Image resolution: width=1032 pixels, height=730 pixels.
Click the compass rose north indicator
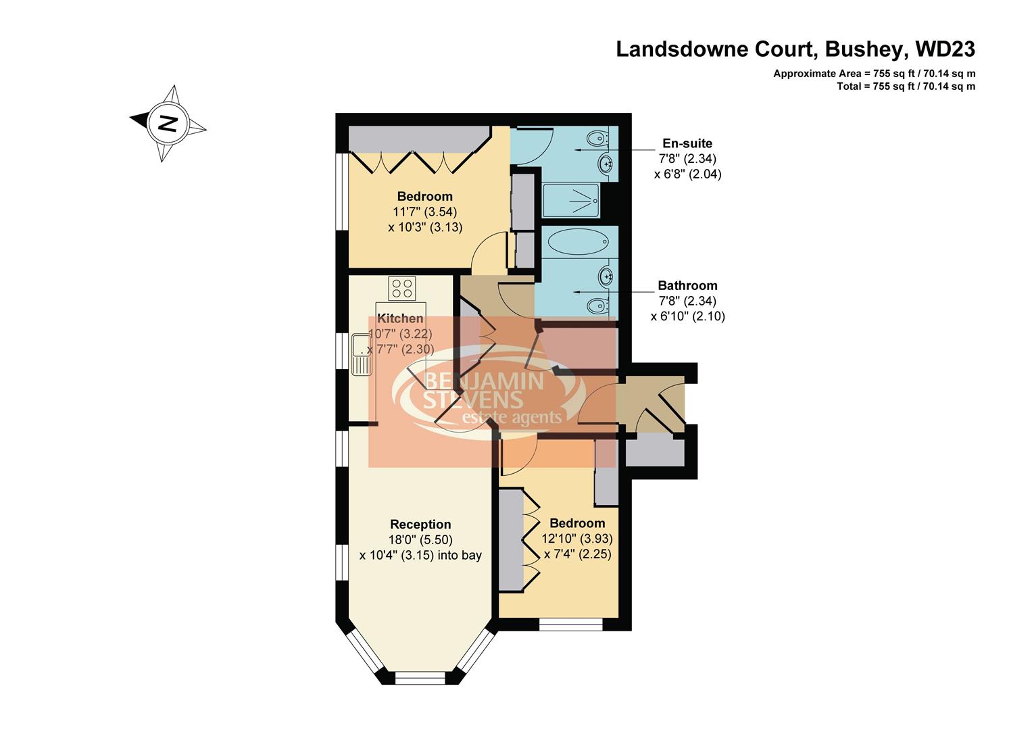point(167,123)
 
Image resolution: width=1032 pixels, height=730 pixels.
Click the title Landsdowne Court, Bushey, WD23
point(795,49)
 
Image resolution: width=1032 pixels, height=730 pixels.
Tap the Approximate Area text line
point(874,74)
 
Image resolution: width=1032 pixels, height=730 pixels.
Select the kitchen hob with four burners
point(401,289)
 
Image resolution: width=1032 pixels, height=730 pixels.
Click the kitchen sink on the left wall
point(361,354)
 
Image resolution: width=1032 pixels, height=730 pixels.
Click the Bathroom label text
point(687,285)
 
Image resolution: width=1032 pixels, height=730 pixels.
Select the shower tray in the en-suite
point(571,201)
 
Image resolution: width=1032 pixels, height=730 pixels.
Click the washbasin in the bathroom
point(606,275)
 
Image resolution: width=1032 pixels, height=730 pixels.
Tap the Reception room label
point(420,525)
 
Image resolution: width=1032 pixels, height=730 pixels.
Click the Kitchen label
point(400,318)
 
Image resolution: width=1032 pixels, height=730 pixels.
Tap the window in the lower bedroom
point(570,625)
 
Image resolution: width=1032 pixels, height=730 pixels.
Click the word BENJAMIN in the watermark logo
point(483,381)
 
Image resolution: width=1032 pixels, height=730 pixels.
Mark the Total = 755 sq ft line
point(905,86)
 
